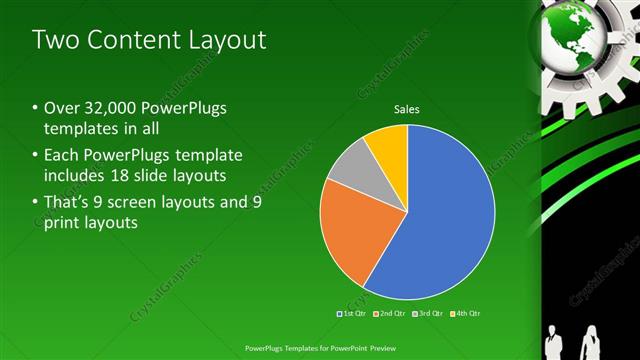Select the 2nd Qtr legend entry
click(x=389, y=314)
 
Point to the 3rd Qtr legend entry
click(x=427, y=314)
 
